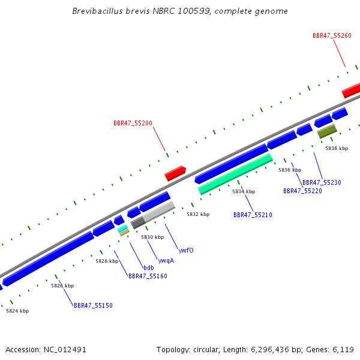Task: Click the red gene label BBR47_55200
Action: coord(133,123)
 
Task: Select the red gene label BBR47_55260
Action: coord(332,35)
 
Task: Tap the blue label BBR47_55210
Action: coord(253,215)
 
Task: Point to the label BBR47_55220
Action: coord(302,191)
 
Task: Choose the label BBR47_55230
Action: coord(322,182)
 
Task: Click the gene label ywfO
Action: coord(186,250)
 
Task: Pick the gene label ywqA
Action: coord(166,260)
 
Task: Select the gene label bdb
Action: coord(149,268)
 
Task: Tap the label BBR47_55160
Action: coord(148,276)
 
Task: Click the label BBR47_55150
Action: coord(93,305)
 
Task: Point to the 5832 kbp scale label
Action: coord(198,214)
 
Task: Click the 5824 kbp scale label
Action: coord(17,311)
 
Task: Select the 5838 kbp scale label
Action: coord(337,148)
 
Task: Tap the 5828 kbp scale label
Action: coord(107,261)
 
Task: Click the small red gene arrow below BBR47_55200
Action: coord(175,173)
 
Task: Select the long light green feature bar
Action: coord(235,174)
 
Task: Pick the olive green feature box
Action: coord(327,131)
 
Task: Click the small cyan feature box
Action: coord(122,228)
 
